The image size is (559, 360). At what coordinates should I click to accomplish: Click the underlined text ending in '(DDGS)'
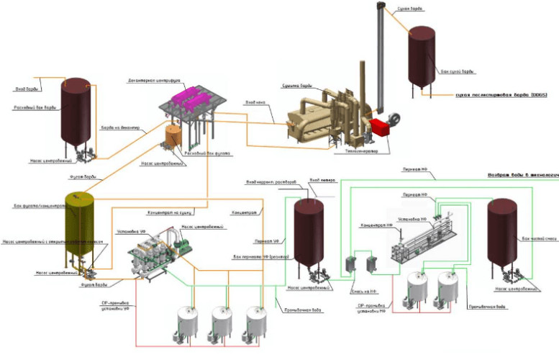click(492, 95)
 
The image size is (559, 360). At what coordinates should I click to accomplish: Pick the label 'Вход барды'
click(27, 89)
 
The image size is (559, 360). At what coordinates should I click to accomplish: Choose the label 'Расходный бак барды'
click(35, 107)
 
